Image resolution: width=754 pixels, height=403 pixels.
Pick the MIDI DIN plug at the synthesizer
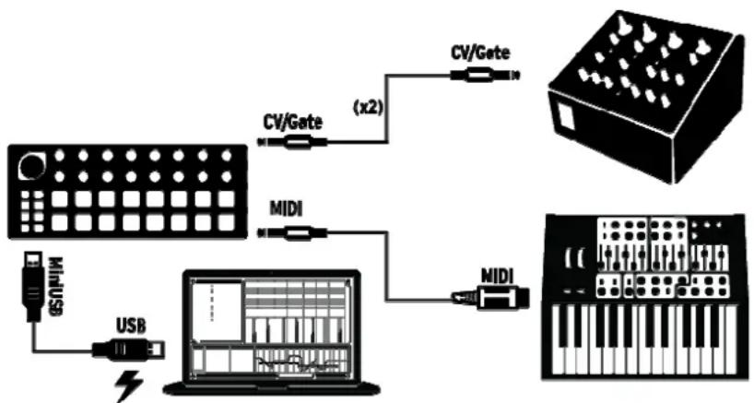click(x=493, y=297)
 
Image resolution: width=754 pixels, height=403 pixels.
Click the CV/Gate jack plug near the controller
click(x=293, y=143)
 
